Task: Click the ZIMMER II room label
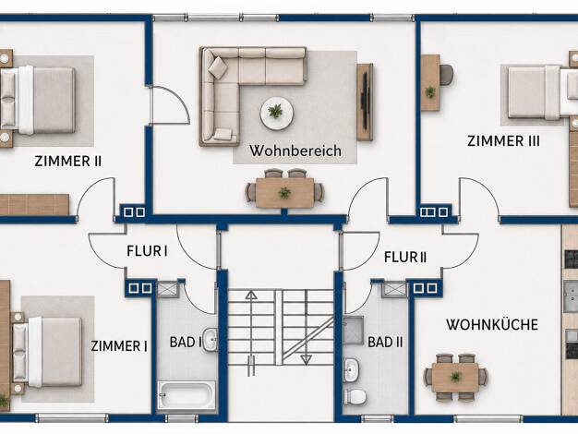pos(67,162)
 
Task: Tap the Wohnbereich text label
pos(295,151)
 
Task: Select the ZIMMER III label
pos(503,141)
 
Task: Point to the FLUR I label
pos(147,251)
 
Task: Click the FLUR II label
pos(405,257)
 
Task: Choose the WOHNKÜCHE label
pos(492,324)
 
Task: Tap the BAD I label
pos(186,342)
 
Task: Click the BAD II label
pos(385,342)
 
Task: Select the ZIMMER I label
pos(119,346)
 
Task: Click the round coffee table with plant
pos(277,114)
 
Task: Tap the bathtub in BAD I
pos(187,395)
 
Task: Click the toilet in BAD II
pos(355,397)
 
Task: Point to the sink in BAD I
pos(211,339)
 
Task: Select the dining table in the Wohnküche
pos(455,378)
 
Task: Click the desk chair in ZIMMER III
pos(446,75)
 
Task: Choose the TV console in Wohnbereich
pos(365,102)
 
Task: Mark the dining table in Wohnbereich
pos(284,192)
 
